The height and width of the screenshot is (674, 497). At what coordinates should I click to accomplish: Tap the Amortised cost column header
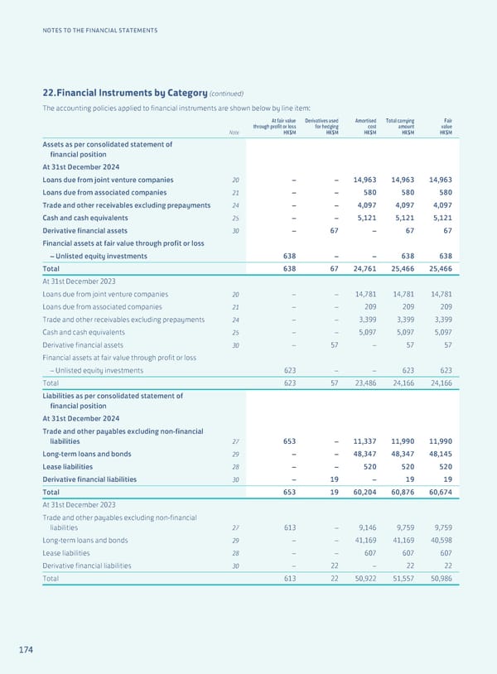click(365, 126)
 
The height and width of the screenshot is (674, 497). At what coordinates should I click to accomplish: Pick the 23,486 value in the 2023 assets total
click(364, 383)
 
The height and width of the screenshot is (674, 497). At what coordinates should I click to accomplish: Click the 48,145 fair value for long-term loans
click(441, 455)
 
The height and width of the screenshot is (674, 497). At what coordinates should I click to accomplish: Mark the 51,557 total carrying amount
click(403, 579)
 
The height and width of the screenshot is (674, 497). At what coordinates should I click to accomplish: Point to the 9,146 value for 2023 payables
click(366, 527)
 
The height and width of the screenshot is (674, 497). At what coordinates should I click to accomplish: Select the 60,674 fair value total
click(441, 492)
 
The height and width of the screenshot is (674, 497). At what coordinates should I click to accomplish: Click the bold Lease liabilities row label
click(74, 466)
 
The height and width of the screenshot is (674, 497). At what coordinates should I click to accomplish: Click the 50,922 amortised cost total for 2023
click(364, 579)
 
